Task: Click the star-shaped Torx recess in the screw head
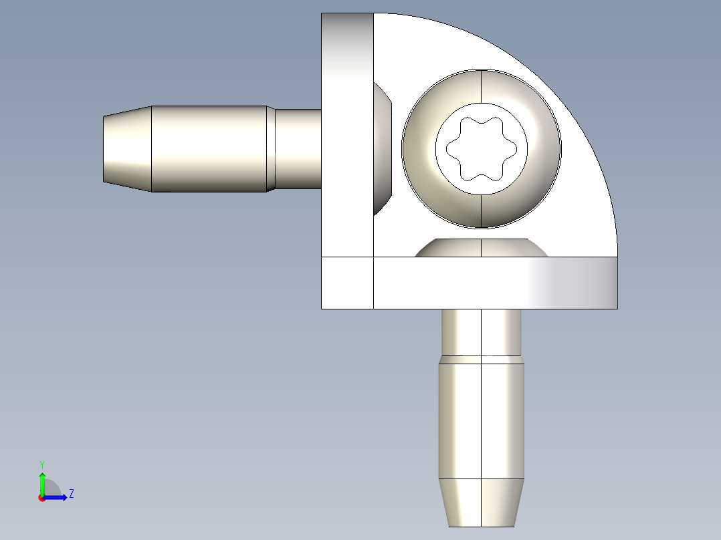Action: (481, 148)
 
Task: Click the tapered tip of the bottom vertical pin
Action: (481, 502)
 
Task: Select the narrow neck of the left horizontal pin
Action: (298, 149)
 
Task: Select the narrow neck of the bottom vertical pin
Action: (481, 331)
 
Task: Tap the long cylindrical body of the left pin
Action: (209, 149)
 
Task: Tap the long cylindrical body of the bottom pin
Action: (481, 421)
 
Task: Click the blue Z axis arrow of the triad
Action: (58, 497)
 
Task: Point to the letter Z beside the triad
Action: (71, 495)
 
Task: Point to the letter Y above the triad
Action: (42, 464)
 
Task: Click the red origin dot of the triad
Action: (41, 498)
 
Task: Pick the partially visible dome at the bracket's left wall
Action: (382, 149)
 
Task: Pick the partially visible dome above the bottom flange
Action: (481, 248)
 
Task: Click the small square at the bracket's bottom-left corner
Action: (347, 283)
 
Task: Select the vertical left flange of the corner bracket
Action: (347, 134)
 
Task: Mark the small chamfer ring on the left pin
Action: (271, 149)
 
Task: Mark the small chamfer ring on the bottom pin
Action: (481, 359)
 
